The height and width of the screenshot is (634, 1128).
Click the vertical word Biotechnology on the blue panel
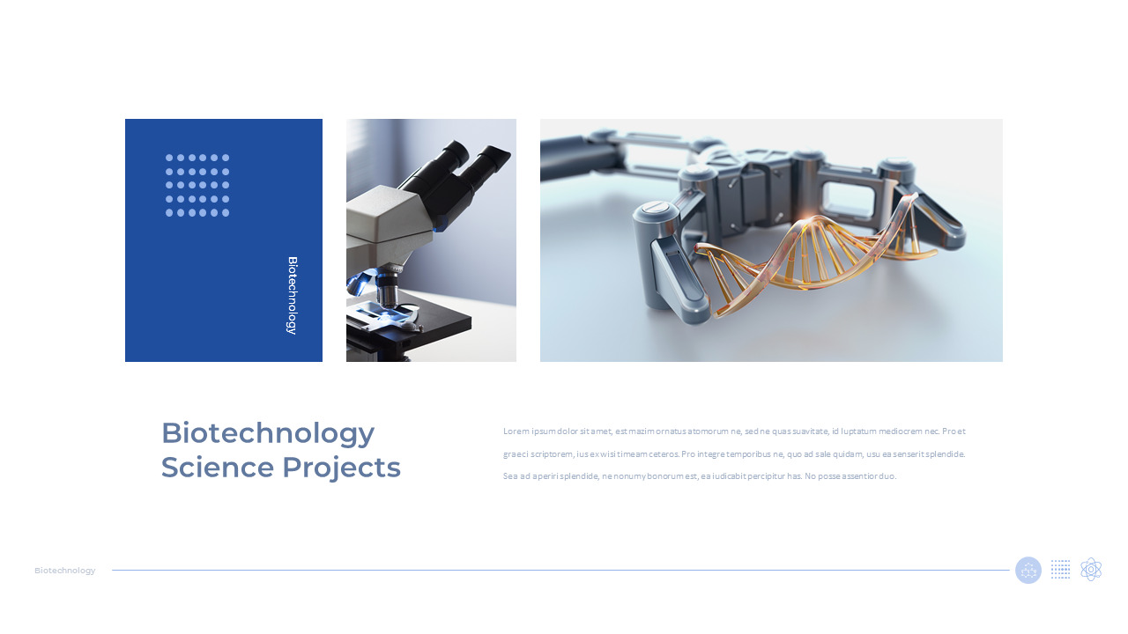(x=292, y=295)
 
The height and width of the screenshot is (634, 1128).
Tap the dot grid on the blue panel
(x=197, y=185)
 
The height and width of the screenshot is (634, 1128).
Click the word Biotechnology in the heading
(x=268, y=433)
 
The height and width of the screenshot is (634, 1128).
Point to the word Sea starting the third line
(x=510, y=476)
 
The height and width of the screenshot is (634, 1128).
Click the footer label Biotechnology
(x=65, y=571)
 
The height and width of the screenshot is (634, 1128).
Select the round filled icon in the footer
(x=1028, y=570)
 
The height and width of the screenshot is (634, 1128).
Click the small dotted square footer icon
(x=1061, y=570)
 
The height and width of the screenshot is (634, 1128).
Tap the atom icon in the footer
(x=1091, y=570)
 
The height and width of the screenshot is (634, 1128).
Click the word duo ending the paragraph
(x=887, y=476)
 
